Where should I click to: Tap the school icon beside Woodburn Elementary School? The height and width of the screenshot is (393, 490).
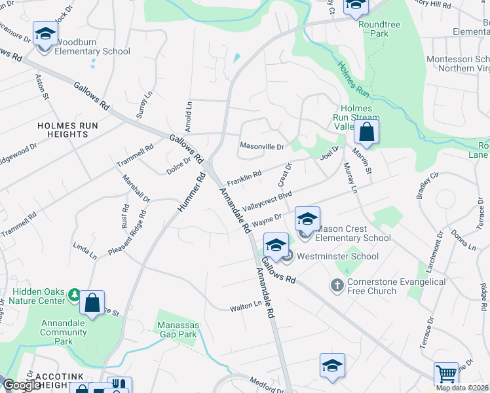[45, 34]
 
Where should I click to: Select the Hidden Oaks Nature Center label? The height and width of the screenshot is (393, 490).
[39, 295]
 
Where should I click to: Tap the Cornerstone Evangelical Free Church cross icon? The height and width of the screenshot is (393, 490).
[337, 286]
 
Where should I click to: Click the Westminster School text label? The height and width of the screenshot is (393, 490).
[337, 256]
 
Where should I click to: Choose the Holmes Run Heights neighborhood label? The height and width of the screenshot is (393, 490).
[63, 129]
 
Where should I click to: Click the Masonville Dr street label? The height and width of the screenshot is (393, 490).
[261, 147]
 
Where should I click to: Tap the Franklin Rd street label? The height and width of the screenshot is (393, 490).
[244, 177]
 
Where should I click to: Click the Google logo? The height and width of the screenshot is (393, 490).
[21, 385]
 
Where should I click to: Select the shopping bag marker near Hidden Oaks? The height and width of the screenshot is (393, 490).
[92, 303]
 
